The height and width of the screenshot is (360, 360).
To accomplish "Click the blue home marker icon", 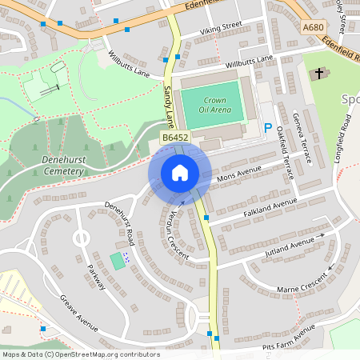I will [x=179, y=173].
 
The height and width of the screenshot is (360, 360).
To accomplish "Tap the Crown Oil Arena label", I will [x=210, y=103].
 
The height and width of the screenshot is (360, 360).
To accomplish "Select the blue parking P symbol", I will [x=268, y=128].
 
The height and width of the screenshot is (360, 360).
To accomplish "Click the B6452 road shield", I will [x=175, y=138].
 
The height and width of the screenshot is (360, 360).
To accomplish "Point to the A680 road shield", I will [x=314, y=27].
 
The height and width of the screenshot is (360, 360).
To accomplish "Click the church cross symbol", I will [x=319, y=74].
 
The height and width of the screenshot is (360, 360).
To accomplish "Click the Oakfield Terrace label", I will [x=284, y=154].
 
